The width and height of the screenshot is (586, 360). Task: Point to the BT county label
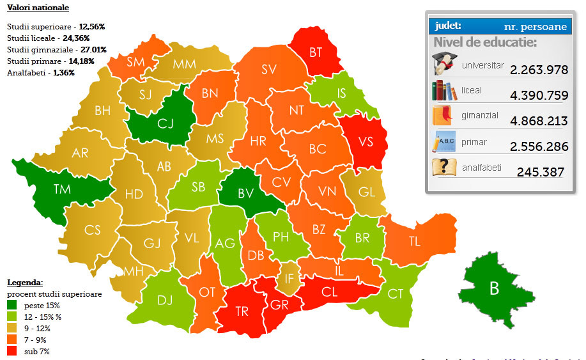pos(316,52)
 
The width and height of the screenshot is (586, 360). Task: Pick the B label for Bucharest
pos(494,288)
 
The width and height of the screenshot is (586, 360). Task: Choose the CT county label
pos(396,293)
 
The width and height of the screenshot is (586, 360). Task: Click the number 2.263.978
pos(539,70)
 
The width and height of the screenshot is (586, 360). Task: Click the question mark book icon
pos(443,167)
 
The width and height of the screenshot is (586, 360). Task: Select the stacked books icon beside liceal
pos(444,90)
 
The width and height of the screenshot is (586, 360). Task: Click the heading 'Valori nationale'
pos(38,8)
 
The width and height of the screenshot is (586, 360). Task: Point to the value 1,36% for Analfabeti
pos(64,72)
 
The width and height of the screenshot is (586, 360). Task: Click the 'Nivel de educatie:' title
pos(485,43)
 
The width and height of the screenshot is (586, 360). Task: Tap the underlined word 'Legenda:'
pos(25,282)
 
